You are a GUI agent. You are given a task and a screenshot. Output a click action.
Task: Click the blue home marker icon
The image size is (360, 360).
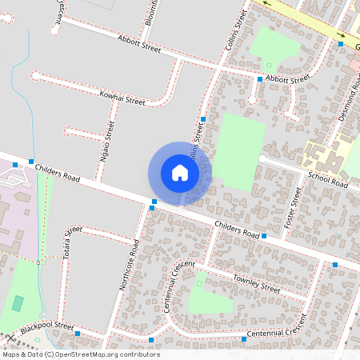coord(180,173)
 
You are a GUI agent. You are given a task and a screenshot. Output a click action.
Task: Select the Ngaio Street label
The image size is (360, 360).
coord(105,142)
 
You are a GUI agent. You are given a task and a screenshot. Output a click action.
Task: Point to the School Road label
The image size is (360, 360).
coord(328,181)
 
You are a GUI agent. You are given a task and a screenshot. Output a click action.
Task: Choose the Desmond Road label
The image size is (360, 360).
coord(350,102)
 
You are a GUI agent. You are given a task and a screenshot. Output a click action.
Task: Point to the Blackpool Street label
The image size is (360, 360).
coord(47,328)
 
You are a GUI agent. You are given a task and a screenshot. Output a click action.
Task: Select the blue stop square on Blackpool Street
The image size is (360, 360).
coord(78,333)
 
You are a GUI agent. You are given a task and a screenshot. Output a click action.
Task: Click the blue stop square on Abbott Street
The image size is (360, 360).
coord(260,79)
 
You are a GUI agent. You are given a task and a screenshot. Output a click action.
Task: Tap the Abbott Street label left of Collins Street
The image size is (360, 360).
coord(139,44)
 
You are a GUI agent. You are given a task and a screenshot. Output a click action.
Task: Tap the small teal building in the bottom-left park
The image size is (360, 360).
coord(18,303)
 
